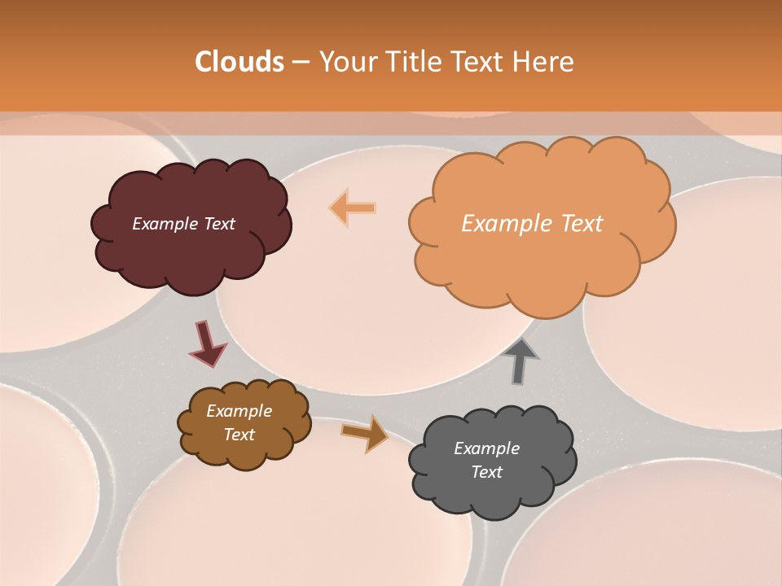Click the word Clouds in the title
coord(239,62)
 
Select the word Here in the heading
coord(544,62)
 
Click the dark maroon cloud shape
coord(191,256)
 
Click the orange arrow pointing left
coord(352,208)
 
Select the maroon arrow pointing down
coord(208,343)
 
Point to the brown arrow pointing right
coord(364,433)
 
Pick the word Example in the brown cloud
coord(239,412)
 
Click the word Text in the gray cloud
coord(486,472)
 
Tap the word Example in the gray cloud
coord(486,448)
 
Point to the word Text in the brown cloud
coord(239,435)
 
